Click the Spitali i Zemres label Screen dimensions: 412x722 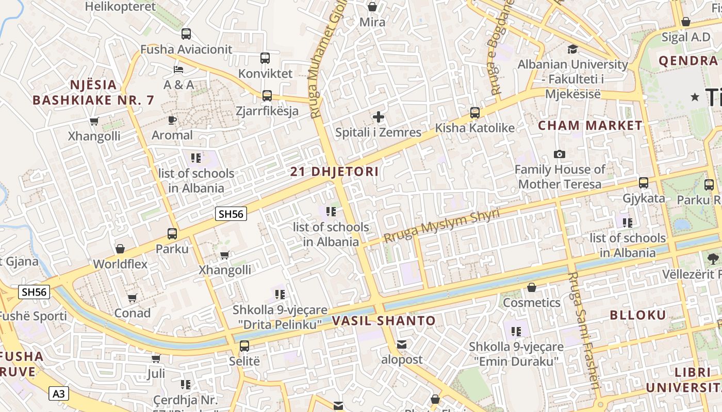point(378,132)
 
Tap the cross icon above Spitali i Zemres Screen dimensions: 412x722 point(379,117)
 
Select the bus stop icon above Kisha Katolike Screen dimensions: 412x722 point(475,112)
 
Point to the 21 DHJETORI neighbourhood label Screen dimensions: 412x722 point(334,171)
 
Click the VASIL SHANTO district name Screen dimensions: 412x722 point(384,321)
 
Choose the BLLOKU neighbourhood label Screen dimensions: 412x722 point(638,315)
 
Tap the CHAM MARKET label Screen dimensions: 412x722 point(590,125)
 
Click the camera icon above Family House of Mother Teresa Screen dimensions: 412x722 point(559,154)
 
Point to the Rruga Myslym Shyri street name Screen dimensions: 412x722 point(441,226)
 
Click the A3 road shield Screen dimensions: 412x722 point(59,394)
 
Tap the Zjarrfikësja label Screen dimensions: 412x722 point(267,111)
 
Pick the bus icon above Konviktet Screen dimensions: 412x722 point(265,58)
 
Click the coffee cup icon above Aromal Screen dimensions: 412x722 point(172,120)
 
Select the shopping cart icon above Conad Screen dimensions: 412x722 point(132,298)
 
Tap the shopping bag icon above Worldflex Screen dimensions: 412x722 point(120,249)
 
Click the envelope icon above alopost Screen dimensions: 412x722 point(402,344)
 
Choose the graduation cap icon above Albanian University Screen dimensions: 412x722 point(572,49)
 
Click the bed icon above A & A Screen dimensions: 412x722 point(178,69)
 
